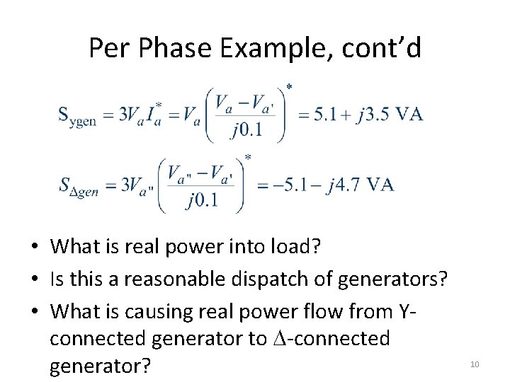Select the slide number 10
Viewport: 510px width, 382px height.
[x=475, y=364]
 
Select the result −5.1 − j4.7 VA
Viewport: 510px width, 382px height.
[x=325, y=185]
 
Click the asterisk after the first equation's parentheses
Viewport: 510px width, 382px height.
[x=289, y=87]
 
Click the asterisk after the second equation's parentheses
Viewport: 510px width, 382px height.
[x=248, y=158]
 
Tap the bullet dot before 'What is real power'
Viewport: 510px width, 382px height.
[x=34, y=248]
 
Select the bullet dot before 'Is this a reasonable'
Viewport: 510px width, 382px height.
[x=34, y=279]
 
